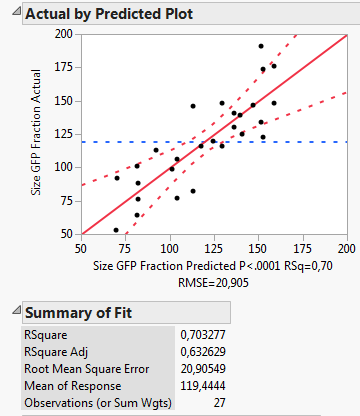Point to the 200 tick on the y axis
click(x=65, y=33)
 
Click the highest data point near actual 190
click(x=261, y=46)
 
